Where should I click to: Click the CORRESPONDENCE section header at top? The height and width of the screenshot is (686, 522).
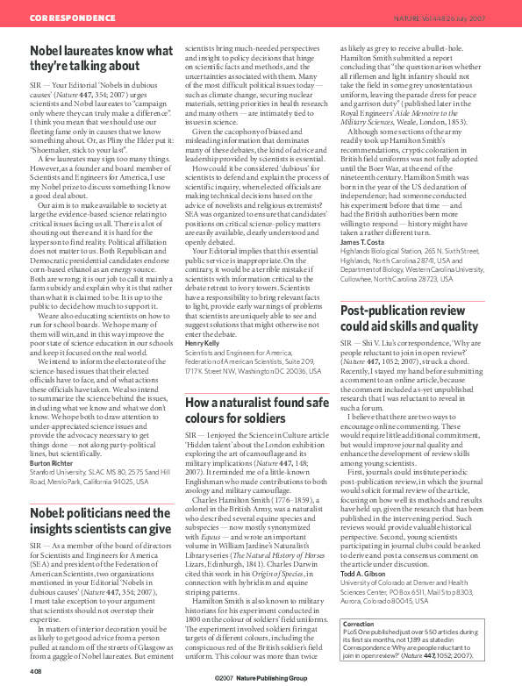66,18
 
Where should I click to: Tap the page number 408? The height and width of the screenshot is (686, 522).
36,671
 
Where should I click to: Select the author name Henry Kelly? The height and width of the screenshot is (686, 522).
204,342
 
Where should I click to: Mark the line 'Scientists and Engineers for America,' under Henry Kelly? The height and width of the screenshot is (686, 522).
243,351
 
